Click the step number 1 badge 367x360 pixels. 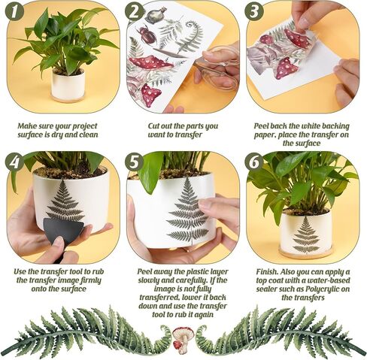point(14,11)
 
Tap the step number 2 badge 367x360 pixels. point(134,11)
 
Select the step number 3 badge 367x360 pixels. point(254,11)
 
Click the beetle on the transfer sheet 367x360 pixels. point(147,35)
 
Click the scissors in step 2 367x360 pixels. point(216,65)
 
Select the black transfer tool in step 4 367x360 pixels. point(62,231)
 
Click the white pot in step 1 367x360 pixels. point(68,85)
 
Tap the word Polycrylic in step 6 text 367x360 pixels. point(323,289)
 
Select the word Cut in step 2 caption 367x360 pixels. point(153,126)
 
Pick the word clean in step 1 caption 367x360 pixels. point(89,135)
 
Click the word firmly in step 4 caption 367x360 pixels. point(91,280)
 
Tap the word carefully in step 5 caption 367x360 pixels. point(193,280)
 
